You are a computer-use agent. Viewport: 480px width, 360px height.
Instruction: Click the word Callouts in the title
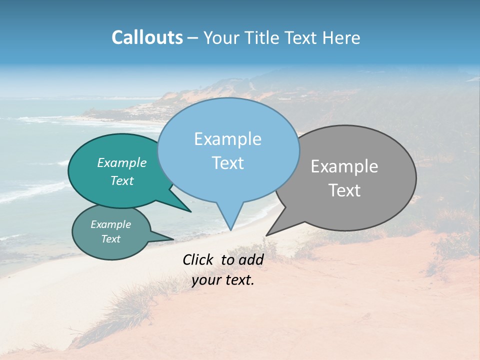(x=147, y=37)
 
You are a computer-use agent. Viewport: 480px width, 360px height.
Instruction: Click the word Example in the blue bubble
(x=227, y=139)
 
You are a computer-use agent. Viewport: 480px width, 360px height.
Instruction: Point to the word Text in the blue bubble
(x=227, y=163)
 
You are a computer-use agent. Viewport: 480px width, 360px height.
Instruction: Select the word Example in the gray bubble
(x=344, y=166)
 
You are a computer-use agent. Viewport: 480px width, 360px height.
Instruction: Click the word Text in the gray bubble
(x=344, y=190)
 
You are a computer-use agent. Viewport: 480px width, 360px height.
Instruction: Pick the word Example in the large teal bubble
(x=122, y=162)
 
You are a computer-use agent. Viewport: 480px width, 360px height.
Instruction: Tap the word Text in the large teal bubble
(x=122, y=180)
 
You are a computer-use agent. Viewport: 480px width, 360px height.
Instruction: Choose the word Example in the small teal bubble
(x=111, y=224)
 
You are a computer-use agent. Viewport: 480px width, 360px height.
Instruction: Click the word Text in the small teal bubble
(x=111, y=239)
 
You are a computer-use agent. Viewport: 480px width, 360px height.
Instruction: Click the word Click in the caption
(x=198, y=259)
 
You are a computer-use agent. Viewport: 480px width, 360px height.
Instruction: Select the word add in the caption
(x=251, y=259)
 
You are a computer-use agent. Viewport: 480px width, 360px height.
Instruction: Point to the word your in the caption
(x=206, y=280)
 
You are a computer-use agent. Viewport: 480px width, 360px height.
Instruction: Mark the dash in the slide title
(x=193, y=38)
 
